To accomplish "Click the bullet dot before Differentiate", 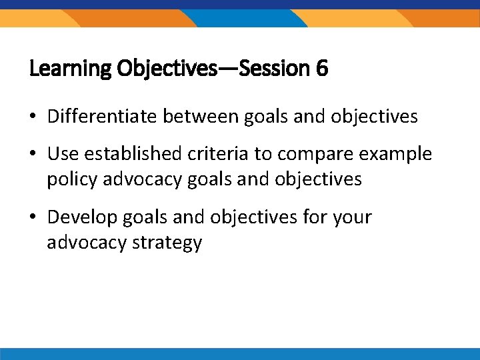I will point(33,117).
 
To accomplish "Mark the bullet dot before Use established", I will point(33,155).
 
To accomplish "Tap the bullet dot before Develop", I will point(33,217).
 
